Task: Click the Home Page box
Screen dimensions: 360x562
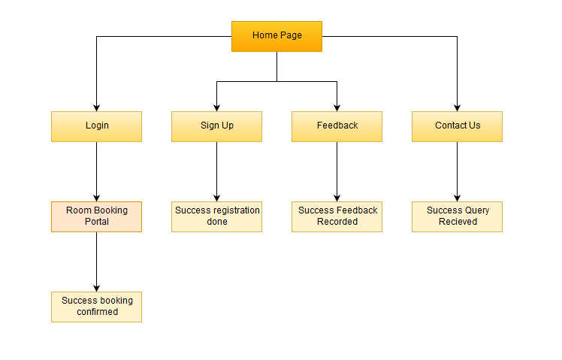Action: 276,36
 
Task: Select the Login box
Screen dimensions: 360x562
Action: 96,126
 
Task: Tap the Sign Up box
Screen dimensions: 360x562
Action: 216,126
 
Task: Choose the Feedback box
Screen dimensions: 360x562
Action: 337,126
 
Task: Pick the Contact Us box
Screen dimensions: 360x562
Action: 457,126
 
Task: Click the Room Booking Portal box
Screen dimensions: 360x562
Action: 96,216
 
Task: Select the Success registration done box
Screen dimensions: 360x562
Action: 216,216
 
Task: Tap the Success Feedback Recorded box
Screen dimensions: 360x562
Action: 337,216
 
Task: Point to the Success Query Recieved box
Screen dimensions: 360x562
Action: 457,216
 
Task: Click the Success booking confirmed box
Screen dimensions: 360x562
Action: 96,307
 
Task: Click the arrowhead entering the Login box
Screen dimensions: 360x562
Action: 96,107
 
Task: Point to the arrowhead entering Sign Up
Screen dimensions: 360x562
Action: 216,107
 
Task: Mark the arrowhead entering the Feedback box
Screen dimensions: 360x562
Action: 337,107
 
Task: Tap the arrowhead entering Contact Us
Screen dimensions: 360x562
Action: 457,107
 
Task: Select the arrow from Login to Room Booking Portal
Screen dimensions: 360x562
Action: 96,171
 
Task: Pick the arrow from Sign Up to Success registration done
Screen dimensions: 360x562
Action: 216,171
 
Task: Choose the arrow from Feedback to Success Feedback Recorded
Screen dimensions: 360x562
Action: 337,171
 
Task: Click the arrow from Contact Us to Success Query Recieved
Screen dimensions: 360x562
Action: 457,171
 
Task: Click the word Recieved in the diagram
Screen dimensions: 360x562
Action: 458,222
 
